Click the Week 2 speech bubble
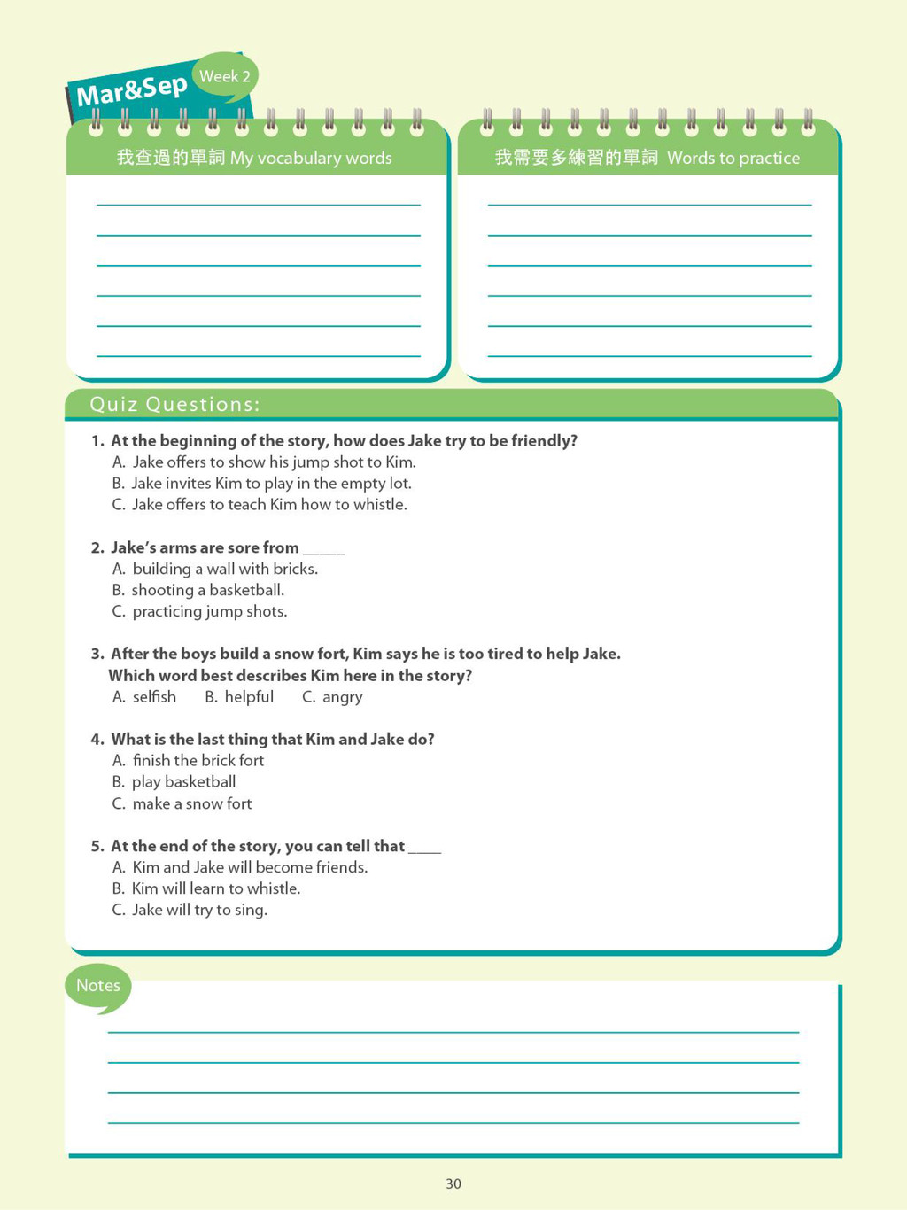click(x=225, y=76)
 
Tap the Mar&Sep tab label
click(x=132, y=89)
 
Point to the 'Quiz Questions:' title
click(x=174, y=405)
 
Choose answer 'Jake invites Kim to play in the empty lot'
click(x=271, y=483)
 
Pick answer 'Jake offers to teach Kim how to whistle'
click(x=269, y=504)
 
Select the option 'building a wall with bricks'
click(x=225, y=569)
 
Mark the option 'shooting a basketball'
click(x=207, y=590)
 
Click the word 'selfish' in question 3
click(x=154, y=697)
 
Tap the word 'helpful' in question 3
click(x=249, y=697)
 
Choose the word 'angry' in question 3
click(x=342, y=697)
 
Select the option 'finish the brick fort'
click(x=198, y=760)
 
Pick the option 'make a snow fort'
click(x=191, y=803)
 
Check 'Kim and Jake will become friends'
click(x=250, y=867)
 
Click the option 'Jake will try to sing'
click(x=199, y=910)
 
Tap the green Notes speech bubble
click(x=97, y=986)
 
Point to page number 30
click(x=453, y=1183)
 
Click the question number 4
click(x=97, y=740)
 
